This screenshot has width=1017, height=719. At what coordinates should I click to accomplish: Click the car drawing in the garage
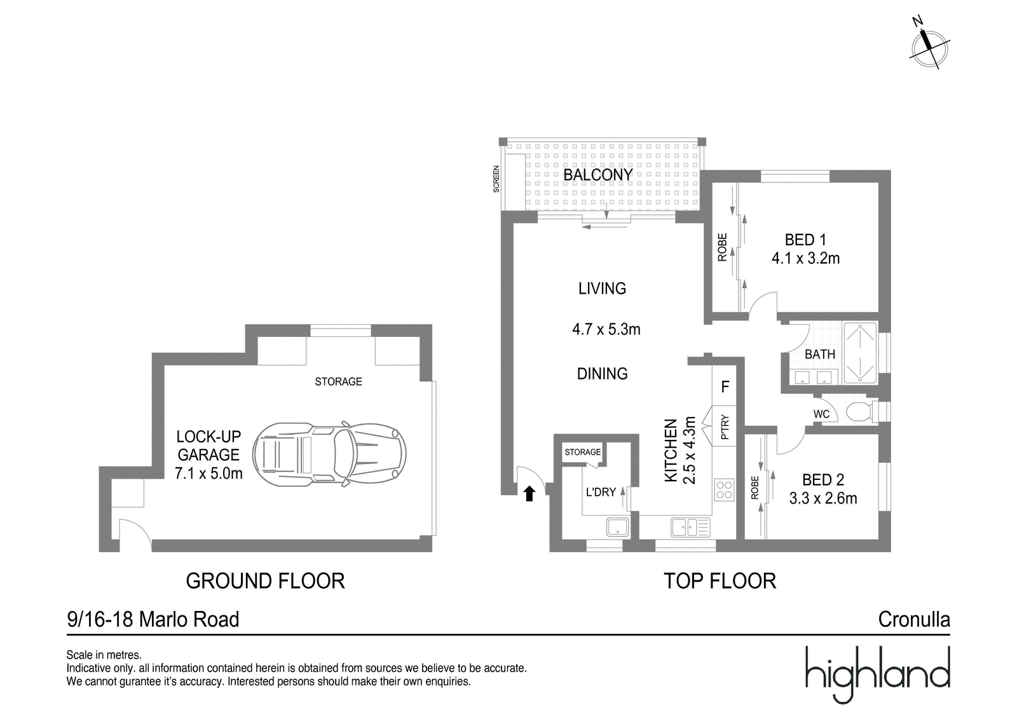coord(329,453)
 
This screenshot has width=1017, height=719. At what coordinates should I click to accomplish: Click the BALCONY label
coord(598,174)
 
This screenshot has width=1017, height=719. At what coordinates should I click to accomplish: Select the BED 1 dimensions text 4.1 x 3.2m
coord(805,259)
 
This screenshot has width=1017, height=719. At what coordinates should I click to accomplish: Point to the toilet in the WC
coord(859,411)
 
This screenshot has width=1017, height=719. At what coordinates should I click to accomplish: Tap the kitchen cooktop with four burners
coord(724,490)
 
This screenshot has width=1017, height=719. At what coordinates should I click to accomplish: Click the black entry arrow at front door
coord(529,493)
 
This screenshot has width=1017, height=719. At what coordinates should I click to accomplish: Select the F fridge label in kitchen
coord(725,387)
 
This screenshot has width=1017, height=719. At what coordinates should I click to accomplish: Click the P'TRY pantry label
coord(725,427)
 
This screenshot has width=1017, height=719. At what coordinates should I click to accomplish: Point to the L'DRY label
coord(601,492)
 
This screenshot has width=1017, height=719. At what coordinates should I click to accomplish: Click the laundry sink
coord(617,527)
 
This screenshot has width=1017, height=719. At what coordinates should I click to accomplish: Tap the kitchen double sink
coord(690,527)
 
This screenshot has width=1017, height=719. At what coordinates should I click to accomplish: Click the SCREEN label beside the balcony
coord(496,179)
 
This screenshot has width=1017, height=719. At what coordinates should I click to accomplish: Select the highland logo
coord(877,674)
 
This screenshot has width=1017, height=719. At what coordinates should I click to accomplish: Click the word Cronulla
coord(914,620)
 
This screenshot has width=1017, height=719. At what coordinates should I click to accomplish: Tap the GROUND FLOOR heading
coord(265,581)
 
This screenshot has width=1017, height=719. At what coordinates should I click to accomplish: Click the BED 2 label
coord(822,479)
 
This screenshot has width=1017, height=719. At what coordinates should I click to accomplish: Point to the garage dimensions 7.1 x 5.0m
coord(208,473)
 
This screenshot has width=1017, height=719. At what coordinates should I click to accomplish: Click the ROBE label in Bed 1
coord(722,247)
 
